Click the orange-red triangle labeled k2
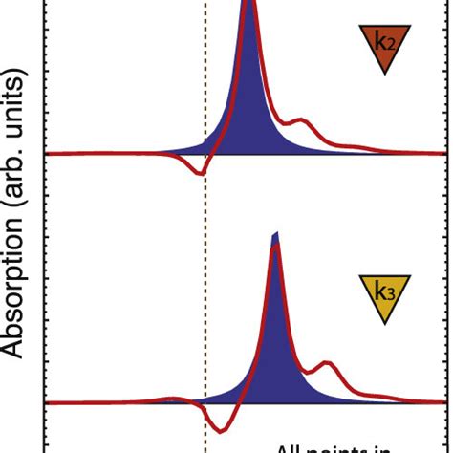(x=384, y=46)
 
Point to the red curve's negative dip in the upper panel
(x=199, y=173)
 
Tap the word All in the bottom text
(x=292, y=446)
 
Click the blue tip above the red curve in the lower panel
(x=275, y=237)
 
